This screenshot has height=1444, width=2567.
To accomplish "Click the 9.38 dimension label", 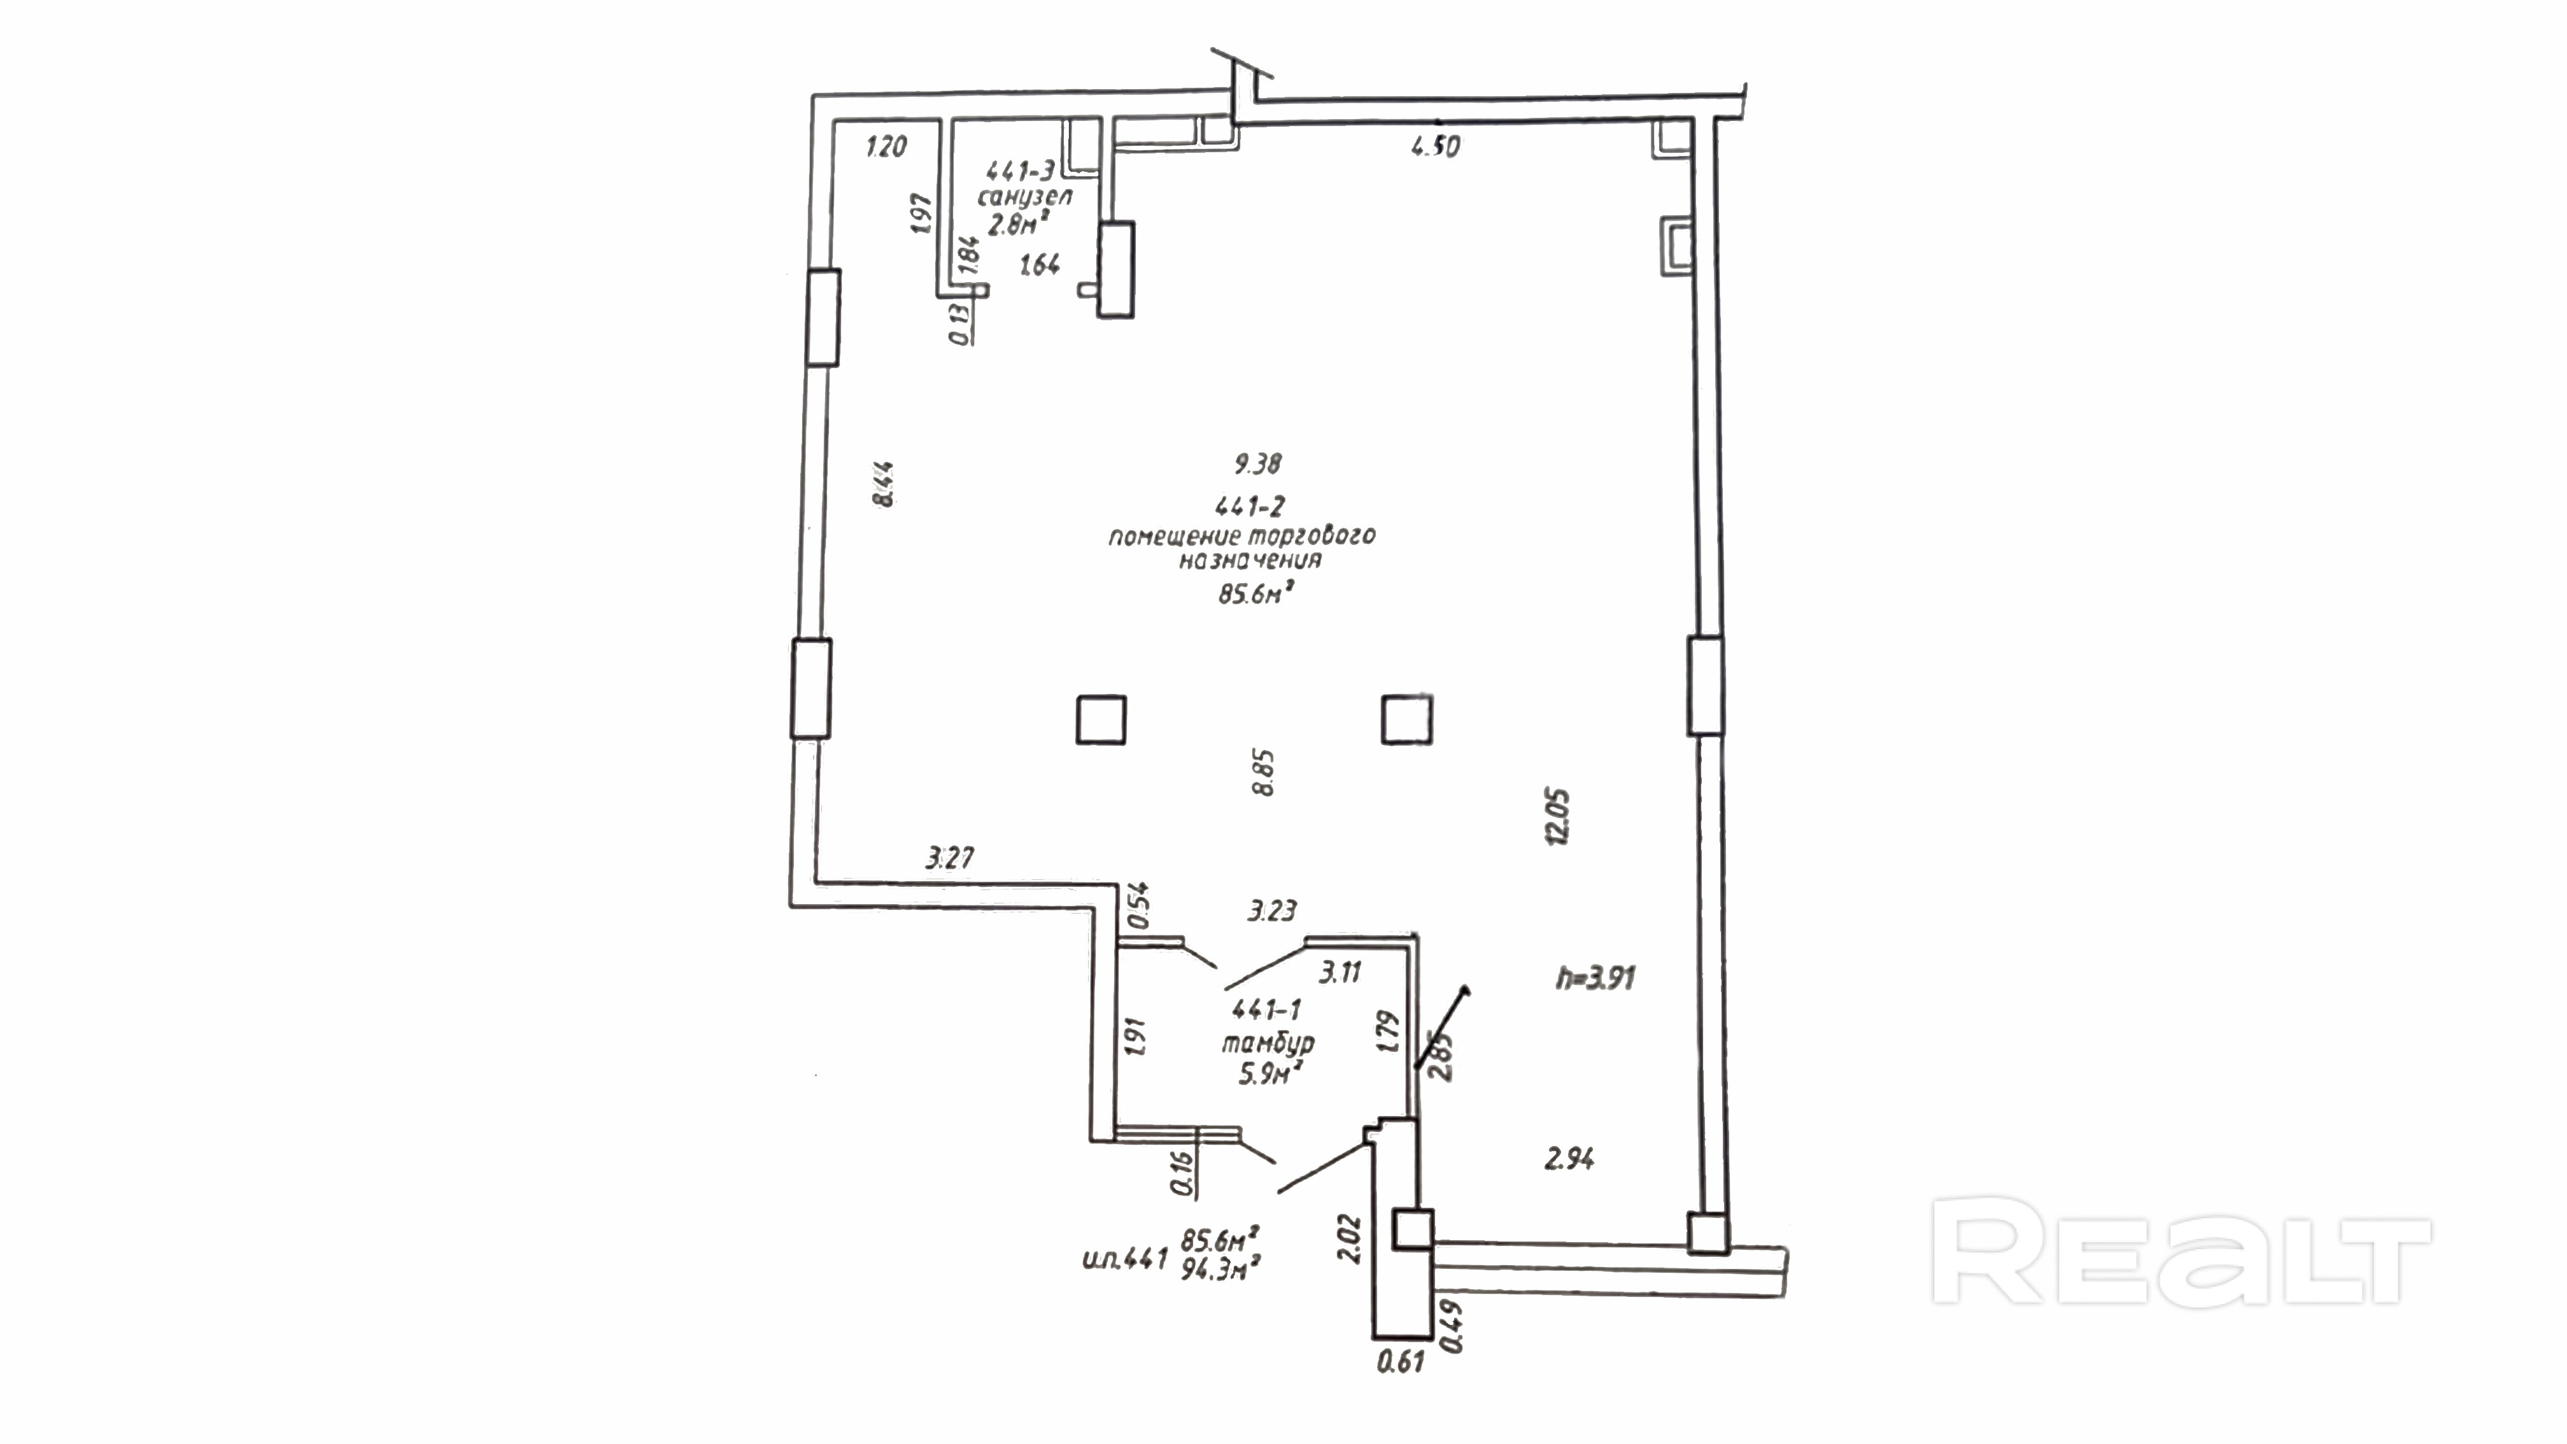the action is tap(1257, 464).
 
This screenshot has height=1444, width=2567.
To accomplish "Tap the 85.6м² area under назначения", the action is tap(1255, 594).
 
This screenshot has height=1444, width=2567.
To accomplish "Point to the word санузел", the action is tap(1026, 196).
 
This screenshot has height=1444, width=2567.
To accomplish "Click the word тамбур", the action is tap(1268, 1044).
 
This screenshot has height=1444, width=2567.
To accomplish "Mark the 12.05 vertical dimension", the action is tap(1557, 817).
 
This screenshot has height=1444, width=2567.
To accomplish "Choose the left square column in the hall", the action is tap(1101, 719).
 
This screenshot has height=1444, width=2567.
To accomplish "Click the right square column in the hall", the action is tap(1406, 719).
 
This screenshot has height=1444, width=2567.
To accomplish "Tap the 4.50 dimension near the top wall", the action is tap(1436, 146).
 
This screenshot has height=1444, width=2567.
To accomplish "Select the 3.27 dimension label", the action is tap(950, 857).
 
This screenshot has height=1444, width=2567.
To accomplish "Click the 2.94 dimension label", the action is tap(1569, 1159).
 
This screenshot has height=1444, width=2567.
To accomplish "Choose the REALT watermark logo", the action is tap(2181, 1252).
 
